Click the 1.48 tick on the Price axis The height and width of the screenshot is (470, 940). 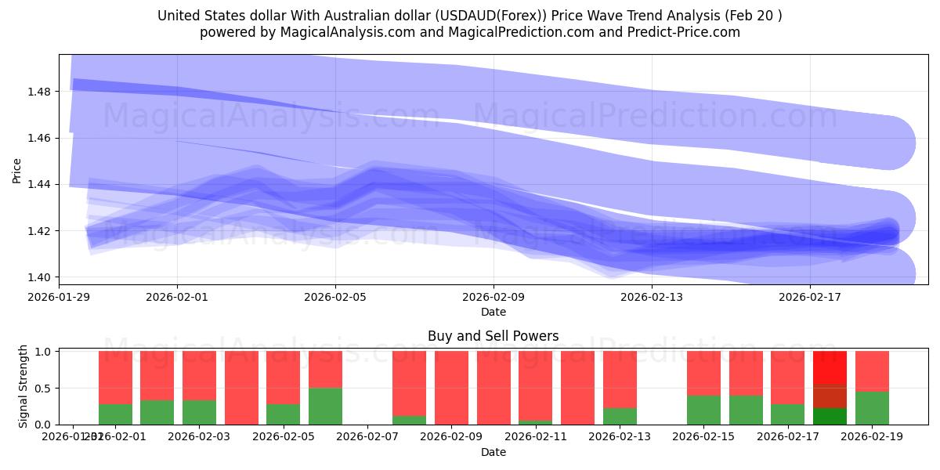point(39,92)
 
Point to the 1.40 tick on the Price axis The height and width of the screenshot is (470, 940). point(39,277)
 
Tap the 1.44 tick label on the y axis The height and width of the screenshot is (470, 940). point(39,185)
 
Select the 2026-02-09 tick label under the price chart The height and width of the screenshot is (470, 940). point(493,297)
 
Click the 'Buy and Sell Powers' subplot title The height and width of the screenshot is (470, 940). point(493,336)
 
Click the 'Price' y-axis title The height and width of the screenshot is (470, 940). point(17,170)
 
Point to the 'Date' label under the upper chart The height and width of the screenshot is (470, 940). point(493,312)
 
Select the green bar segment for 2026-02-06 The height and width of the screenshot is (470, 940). point(325,406)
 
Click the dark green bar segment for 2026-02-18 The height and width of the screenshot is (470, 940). point(830,417)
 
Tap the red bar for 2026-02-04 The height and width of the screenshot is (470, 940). point(241,388)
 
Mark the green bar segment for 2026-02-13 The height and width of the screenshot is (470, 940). point(620,416)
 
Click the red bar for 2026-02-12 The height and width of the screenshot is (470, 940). point(577,388)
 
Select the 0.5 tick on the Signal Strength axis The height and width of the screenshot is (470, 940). point(46,389)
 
